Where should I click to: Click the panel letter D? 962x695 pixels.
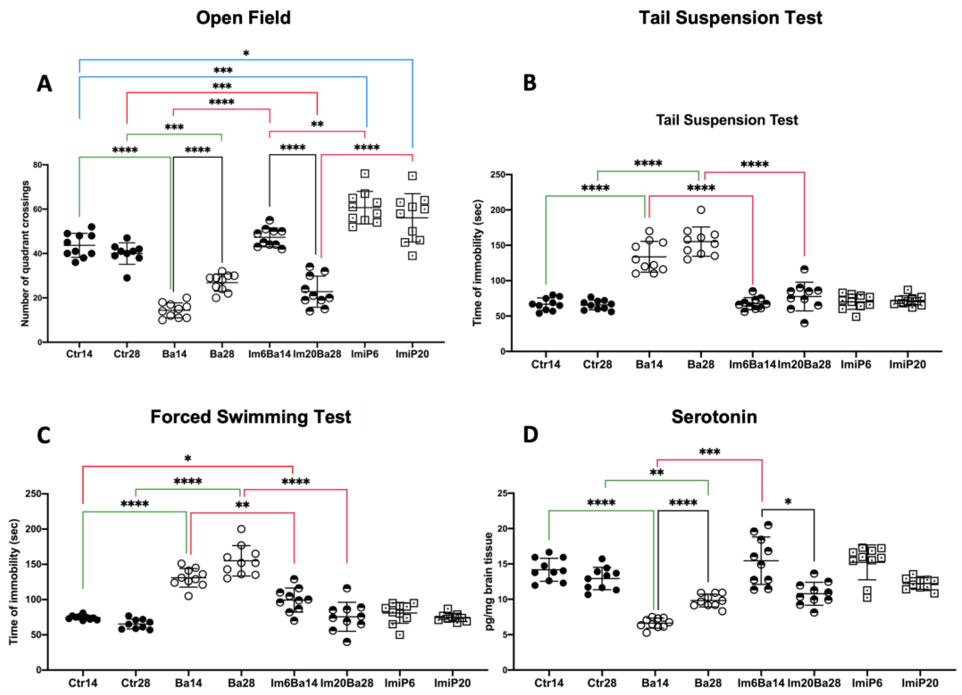coord(530,435)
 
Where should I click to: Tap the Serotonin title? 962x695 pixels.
coord(714,417)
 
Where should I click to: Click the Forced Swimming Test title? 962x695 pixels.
coord(251,417)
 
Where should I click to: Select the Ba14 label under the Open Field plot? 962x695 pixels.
coord(174,354)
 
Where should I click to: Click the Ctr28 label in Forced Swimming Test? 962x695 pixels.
coord(135,683)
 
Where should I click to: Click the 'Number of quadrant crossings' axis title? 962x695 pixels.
coord(25,253)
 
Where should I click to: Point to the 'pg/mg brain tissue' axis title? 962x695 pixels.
coord(489,581)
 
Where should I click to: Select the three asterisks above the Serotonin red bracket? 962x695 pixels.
coord(710,452)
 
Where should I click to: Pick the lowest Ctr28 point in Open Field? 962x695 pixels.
coord(127,277)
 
